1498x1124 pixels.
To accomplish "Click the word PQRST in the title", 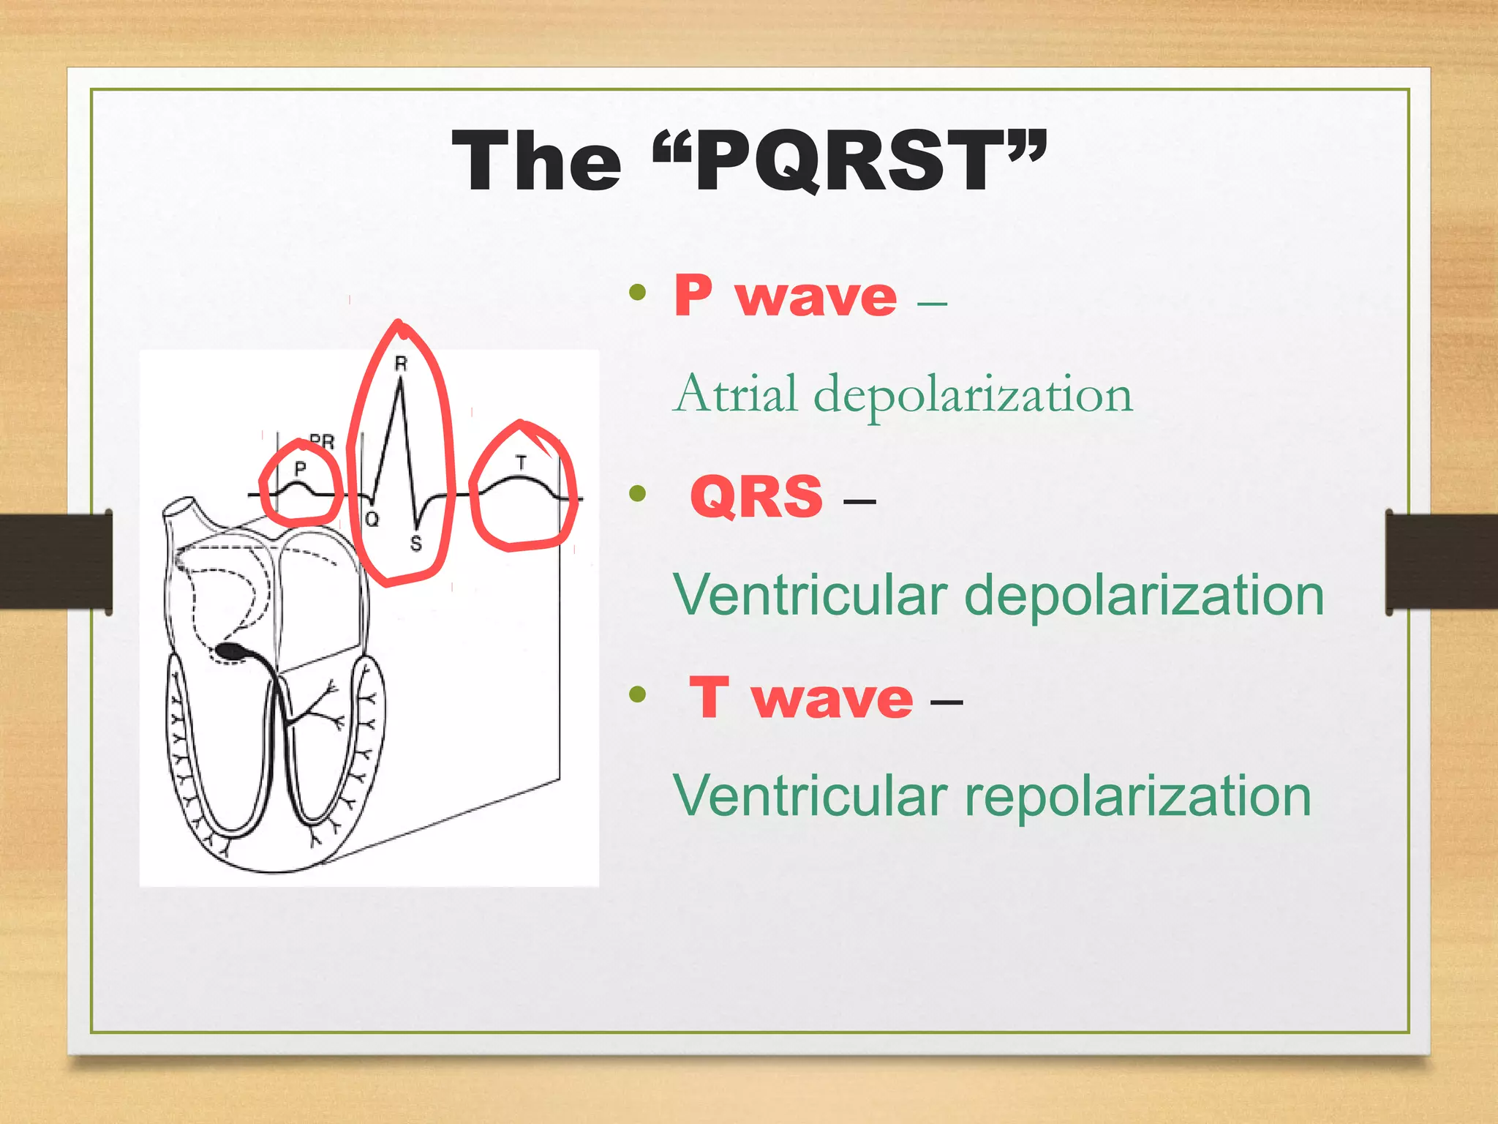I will point(848,161).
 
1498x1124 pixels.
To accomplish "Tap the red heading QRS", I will point(756,497).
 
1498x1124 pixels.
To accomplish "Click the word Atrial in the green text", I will point(735,395).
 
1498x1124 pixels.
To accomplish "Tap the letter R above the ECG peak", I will point(401,363).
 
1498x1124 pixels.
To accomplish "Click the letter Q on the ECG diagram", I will point(372,520).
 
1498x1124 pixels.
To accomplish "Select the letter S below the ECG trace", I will point(416,544).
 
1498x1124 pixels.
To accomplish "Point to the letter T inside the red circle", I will point(521,462).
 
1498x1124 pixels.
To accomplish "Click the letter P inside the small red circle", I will point(300,469).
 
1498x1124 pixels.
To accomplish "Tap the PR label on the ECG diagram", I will point(322,441).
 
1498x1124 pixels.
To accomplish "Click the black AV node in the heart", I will point(233,651).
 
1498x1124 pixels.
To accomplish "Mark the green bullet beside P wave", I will point(638,293).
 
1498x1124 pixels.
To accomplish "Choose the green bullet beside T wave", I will point(638,694).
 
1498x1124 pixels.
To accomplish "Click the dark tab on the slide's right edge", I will point(1441,562).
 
